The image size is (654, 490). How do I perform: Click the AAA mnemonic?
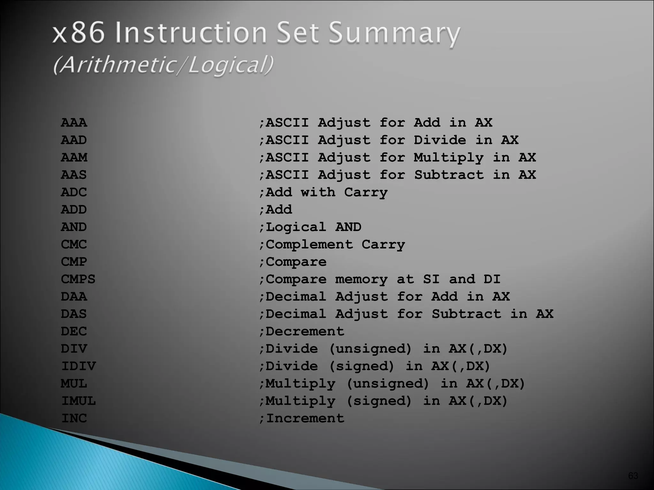pyautogui.click(x=74, y=122)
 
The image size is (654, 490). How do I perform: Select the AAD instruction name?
pyautogui.click(x=74, y=140)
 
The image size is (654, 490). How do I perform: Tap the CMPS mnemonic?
pyautogui.click(x=78, y=279)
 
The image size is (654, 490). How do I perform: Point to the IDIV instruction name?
pyautogui.click(x=78, y=366)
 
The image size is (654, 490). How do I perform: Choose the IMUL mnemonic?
pyautogui.click(x=78, y=401)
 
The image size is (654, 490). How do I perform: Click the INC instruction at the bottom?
pyautogui.click(x=74, y=418)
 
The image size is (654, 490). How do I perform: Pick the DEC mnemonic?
pyautogui.click(x=74, y=331)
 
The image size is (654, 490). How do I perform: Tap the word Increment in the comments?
pyautogui.click(x=305, y=418)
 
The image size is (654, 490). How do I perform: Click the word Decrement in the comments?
pyautogui.click(x=305, y=331)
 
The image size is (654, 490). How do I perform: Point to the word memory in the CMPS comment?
pyautogui.click(x=361, y=279)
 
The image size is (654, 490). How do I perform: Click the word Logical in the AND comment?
pyautogui.click(x=296, y=227)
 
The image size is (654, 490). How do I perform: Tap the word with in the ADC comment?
pyautogui.click(x=318, y=192)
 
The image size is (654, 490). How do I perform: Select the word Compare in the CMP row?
pyautogui.click(x=296, y=262)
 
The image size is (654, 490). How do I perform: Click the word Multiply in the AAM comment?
pyautogui.click(x=449, y=158)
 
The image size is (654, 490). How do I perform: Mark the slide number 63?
pyautogui.click(x=633, y=476)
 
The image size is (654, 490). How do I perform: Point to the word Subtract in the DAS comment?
pyautogui.click(x=466, y=314)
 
